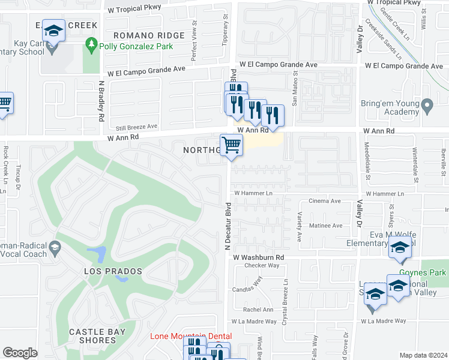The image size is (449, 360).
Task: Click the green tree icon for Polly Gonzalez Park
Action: pyautogui.click(x=91, y=44)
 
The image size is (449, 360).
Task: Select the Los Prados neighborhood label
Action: pyautogui.click(x=113, y=271)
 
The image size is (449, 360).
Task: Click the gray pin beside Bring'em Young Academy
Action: pyautogui.click(x=427, y=108)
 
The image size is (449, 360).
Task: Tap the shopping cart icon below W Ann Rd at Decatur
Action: pyautogui.click(x=232, y=145)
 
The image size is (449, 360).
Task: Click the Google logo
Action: pyautogui.click(x=20, y=353)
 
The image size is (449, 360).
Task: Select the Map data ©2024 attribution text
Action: pyautogui.click(x=424, y=355)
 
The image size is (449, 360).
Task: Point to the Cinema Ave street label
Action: pyautogui.click(x=324, y=202)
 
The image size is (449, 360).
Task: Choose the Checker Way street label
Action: pyautogui.click(x=262, y=265)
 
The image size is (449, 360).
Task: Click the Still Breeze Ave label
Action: pyautogui.click(x=137, y=127)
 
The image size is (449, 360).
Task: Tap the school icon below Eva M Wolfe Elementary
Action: pyautogui.click(x=400, y=248)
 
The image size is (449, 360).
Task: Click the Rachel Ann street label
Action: pyautogui.click(x=258, y=310)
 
